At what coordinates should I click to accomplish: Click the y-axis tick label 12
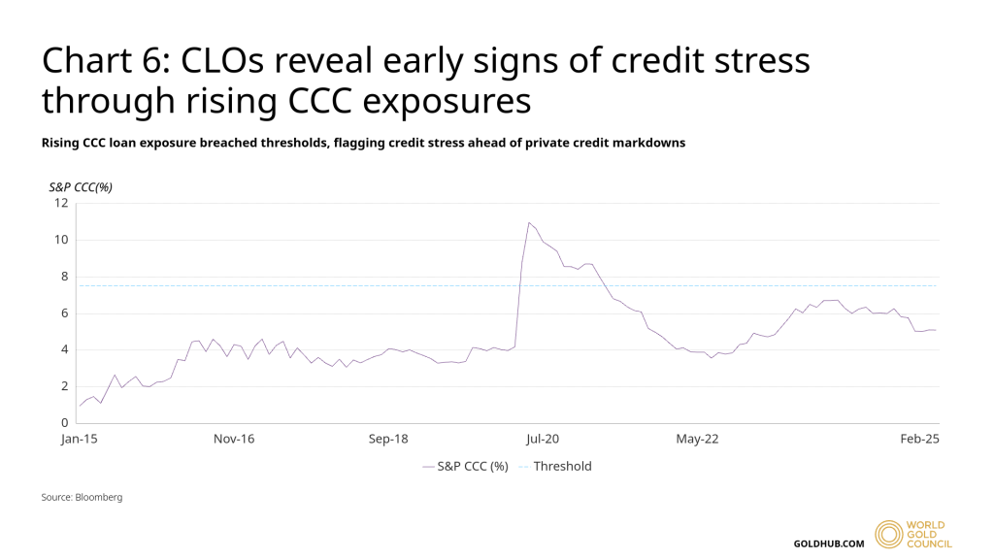point(61,203)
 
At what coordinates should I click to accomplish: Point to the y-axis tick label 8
point(64,277)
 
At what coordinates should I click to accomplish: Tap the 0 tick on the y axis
point(64,423)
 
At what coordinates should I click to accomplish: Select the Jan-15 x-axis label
point(80,440)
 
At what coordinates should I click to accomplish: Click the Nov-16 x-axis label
point(234,440)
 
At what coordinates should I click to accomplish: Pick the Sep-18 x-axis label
point(388,440)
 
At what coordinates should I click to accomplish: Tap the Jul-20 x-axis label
point(543,440)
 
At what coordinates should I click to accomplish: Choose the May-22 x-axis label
point(697,440)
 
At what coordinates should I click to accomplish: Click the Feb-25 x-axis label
point(919,440)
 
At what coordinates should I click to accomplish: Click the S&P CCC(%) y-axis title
point(81,186)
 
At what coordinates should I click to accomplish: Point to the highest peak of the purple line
point(529,223)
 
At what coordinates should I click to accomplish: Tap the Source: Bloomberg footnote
point(82,497)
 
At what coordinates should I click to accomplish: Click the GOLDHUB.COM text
point(828,543)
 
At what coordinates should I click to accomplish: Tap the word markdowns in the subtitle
point(649,143)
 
